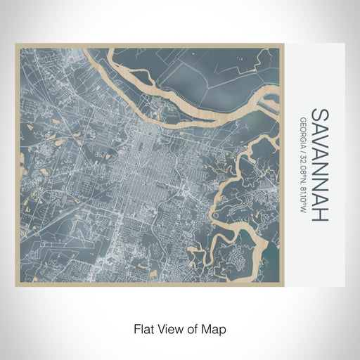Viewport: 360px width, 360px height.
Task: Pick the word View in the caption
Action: coord(169,328)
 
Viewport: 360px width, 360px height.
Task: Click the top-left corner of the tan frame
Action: coord(16,44)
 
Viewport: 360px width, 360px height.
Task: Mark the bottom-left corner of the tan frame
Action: coord(16,286)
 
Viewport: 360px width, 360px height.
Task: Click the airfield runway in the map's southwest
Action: coord(56,211)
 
